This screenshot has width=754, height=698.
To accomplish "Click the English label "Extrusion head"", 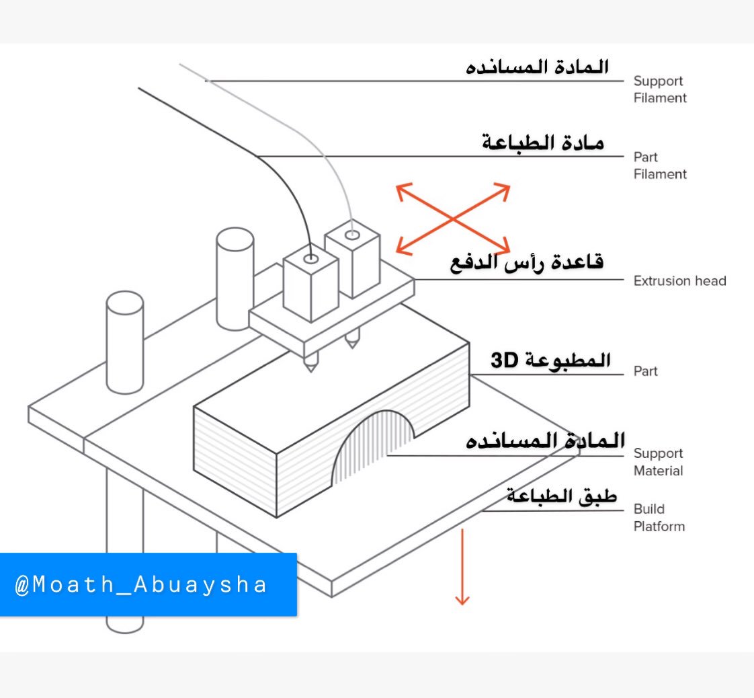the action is click(x=679, y=280).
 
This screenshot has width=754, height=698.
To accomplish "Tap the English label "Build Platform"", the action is click(x=659, y=518).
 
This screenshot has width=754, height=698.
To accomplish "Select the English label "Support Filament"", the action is click(x=659, y=89).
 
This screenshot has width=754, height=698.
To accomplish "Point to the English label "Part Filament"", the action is click(x=659, y=165).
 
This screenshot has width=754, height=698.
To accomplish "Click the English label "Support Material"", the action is click(x=658, y=462).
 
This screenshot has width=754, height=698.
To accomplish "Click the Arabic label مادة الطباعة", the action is click(x=543, y=143).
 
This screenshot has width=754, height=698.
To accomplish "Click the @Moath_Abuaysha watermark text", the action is click(x=141, y=584).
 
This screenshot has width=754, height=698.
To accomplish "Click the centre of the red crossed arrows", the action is click(x=452, y=219).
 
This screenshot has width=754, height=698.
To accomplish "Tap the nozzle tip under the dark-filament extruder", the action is click(x=310, y=369).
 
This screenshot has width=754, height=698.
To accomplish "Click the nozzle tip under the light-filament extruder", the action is click(x=351, y=346).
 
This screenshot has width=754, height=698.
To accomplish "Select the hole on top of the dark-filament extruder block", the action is click(x=310, y=258).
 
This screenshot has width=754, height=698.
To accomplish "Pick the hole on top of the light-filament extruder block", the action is click(x=352, y=235).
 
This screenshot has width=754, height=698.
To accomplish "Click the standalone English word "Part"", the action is click(x=646, y=371).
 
